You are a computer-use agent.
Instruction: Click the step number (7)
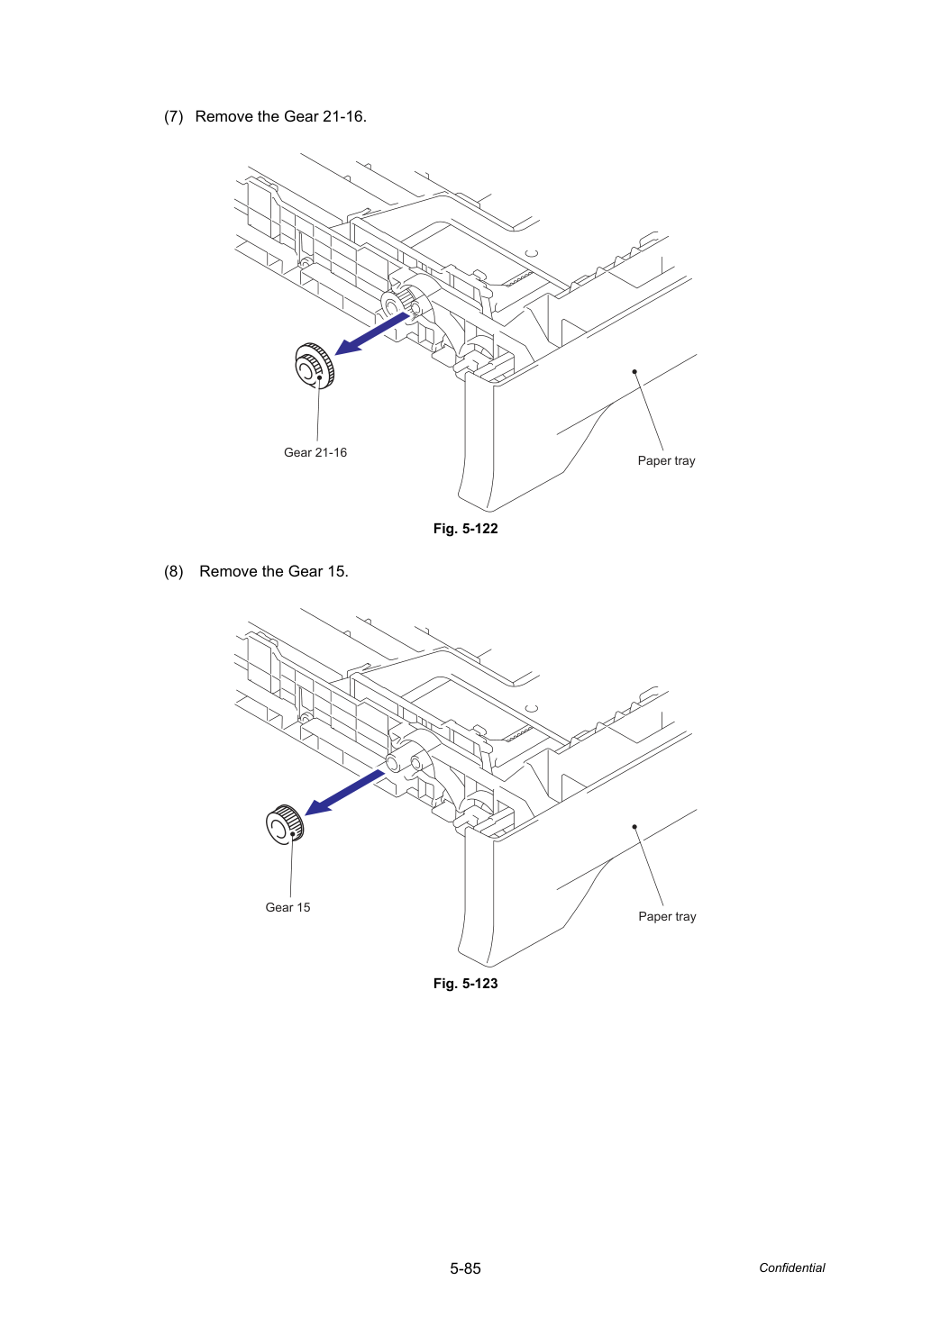[174, 116]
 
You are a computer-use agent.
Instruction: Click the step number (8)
[174, 571]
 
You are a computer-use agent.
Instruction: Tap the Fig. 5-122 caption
[465, 529]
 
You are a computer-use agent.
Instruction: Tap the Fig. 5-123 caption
[465, 984]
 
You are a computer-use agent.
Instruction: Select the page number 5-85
[465, 1268]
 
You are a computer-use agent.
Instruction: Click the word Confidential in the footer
[791, 1267]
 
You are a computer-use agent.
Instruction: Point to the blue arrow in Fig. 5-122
[371, 333]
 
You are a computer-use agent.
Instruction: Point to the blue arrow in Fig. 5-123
[344, 793]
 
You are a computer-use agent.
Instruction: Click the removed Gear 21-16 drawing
[315, 366]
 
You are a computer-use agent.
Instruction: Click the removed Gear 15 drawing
[285, 824]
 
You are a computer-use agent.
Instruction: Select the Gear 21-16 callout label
[315, 452]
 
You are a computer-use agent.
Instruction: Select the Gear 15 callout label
[288, 907]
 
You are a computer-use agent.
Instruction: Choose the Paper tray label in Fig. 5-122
[666, 460]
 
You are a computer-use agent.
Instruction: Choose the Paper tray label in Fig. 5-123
[667, 916]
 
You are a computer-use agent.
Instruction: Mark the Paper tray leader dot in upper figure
[634, 371]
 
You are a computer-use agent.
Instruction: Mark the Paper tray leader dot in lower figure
[634, 827]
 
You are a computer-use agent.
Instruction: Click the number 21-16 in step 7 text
[344, 116]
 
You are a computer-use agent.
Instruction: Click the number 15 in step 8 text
[338, 571]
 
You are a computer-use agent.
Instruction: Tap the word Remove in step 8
[228, 571]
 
